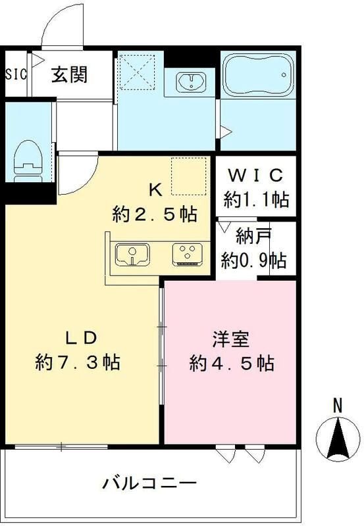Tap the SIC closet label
click(16, 74)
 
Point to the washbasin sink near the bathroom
click(192, 82)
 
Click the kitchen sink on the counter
click(134, 254)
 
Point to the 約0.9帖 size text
click(254, 260)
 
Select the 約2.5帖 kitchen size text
click(154, 214)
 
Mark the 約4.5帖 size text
click(232, 362)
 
